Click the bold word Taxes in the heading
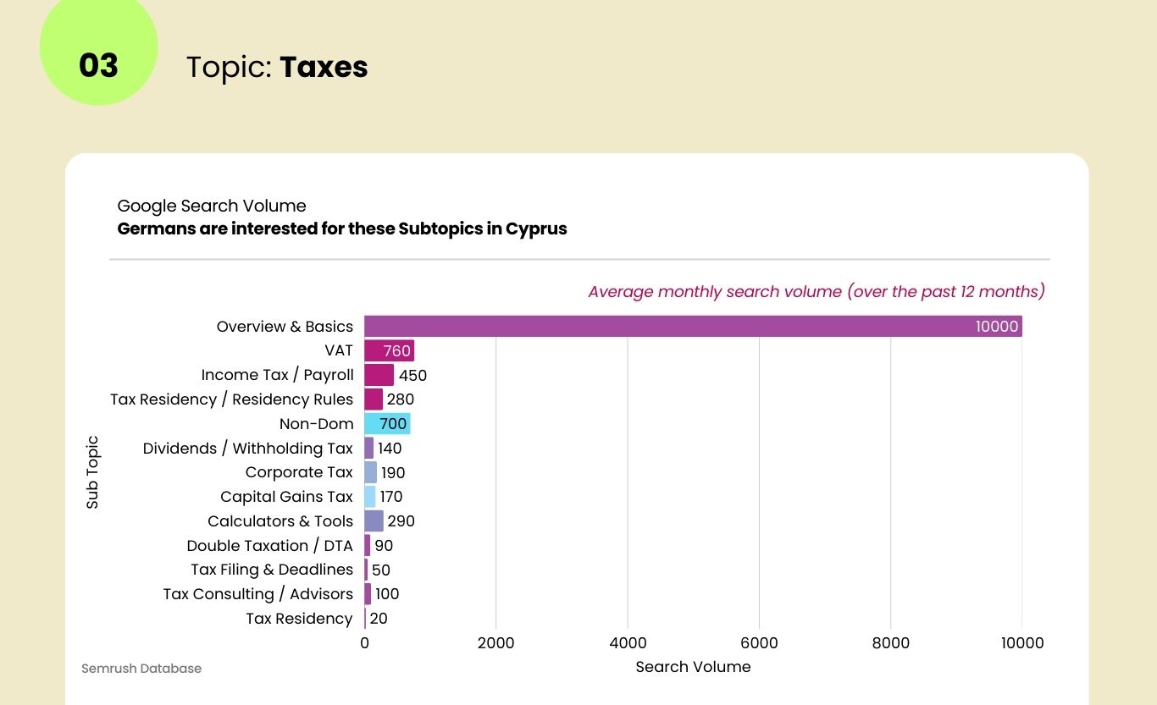[324, 67]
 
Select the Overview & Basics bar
[693, 327]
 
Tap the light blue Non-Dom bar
[387, 424]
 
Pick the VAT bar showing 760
[389, 351]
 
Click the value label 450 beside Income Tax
[412, 375]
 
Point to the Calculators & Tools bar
[374, 521]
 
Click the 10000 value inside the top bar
[996, 327]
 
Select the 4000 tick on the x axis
[628, 643]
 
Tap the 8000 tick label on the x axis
[890, 643]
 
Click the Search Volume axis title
[693, 667]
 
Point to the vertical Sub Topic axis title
[92, 472]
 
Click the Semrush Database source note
[141, 669]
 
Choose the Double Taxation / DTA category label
[269, 546]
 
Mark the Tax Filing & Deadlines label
[272, 570]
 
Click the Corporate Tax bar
[370, 472]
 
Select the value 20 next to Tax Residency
[379, 619]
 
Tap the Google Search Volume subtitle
[212, 206]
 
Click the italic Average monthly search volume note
[817, 292]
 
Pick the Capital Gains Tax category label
[286, 497]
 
